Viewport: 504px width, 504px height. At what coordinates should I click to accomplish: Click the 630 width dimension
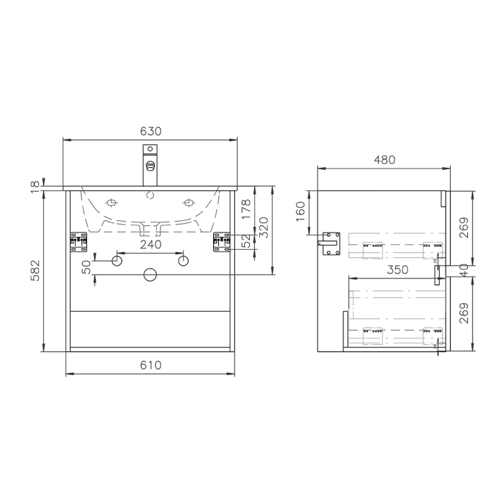pyautogui.click(x=150, y=131)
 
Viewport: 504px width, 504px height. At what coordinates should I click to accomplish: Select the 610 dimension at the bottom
pyautogui.click(x=150, y=365)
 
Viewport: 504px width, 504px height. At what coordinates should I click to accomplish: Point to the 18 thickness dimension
pyautogui.click(x=35, y=186)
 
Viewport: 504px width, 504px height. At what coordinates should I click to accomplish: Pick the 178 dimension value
pyautogui.click(x=246, y=210)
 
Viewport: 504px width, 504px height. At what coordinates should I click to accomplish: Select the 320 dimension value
pyautogui.click(x=263, y=230)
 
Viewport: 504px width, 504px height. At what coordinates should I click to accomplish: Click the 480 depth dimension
pyautogui.click(x=384, y=160)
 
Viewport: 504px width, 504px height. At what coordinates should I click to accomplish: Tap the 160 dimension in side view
pyautogui.click(x=300, y=212)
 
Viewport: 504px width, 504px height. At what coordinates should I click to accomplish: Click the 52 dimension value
pyautogui.click(x=246, y=240)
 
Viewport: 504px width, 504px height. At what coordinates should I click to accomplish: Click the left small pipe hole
pyautogui.click(x=117, y=259)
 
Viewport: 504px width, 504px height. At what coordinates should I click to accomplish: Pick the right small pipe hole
pyautogui.click(x=184, y=259)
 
